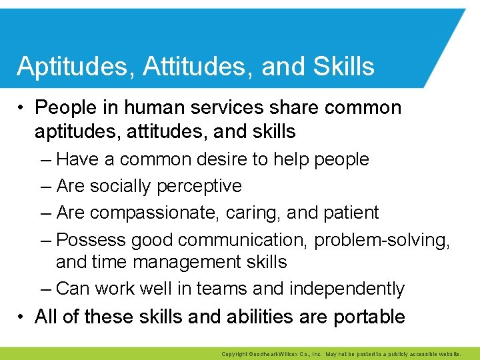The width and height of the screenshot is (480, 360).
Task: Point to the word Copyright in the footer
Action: pos(235,354)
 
